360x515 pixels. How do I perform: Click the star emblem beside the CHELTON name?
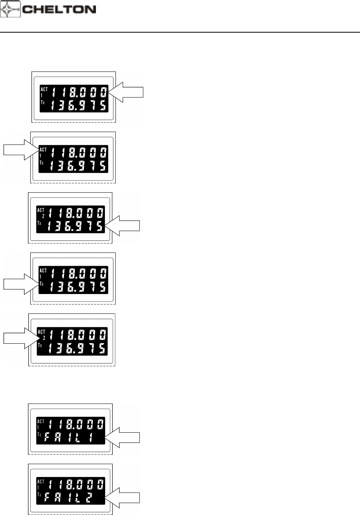(x=10, y=9)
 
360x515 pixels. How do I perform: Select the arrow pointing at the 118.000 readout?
(x=127, y=92)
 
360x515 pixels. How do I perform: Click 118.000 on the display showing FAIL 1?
(x=76, y=424)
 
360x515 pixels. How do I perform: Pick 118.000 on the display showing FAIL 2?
(x=76, y=484)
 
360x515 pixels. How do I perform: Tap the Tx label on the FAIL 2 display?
(x=39, y=494)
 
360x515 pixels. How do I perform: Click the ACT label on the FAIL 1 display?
(x=40, y=421)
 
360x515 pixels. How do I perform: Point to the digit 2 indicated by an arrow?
(x=44, y=338)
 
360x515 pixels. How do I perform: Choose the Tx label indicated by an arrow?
(x=42, y=284)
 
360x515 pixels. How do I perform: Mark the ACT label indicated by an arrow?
(x=43, y=150)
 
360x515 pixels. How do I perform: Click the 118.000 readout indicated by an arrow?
(x=79, y=92)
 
